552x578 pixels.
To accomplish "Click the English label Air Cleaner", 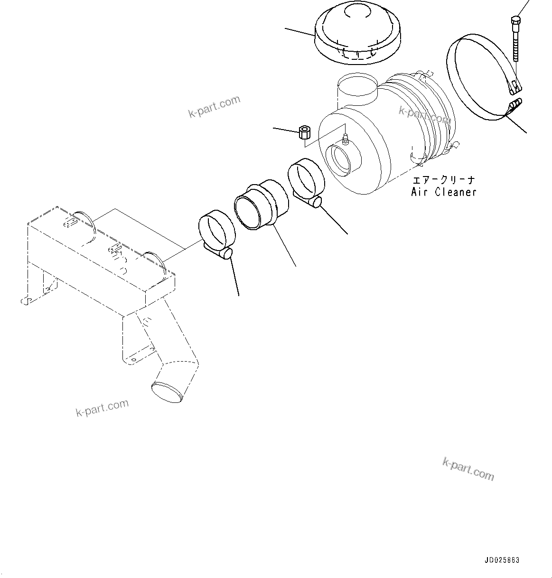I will (443, 192).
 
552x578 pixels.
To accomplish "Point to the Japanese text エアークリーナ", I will (443, 181).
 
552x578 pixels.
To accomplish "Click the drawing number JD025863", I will (503, 560).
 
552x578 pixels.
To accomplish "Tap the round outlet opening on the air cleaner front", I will (340, 159).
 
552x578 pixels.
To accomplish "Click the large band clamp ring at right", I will (479, 76).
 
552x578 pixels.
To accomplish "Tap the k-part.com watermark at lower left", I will (102, 408).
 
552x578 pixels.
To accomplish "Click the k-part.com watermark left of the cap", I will (214, 107).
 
